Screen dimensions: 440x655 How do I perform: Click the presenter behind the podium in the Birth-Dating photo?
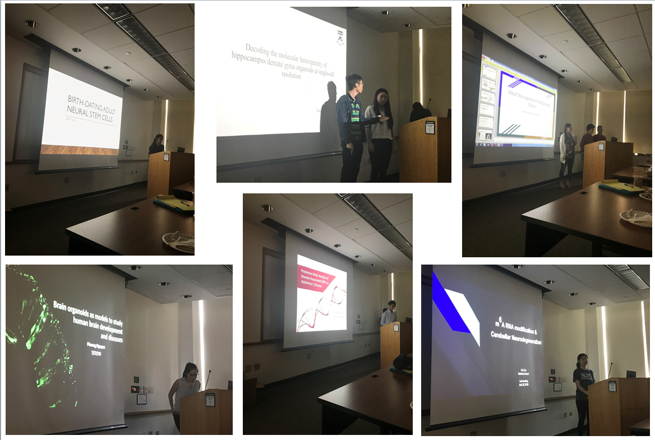coord(157,145)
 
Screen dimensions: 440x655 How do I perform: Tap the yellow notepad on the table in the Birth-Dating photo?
coord(174,203)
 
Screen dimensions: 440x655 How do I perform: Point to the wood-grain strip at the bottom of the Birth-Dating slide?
coord(81,150)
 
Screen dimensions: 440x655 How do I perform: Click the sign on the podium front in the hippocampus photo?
coord(430,127)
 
